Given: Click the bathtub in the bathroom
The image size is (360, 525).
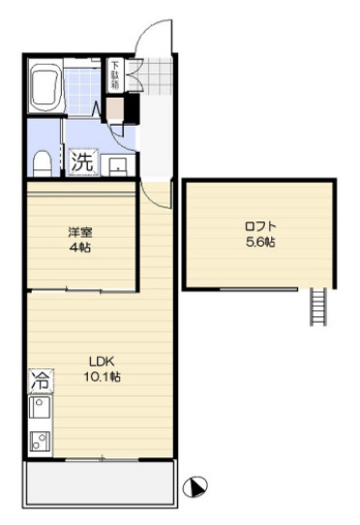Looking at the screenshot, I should [46, 89].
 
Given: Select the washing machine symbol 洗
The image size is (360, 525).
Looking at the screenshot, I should [82, 161].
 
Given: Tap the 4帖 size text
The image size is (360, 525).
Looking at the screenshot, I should [79, 248].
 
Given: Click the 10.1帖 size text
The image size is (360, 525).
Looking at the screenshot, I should [102, 375].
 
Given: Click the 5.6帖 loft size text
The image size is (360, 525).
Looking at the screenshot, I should [260, 243].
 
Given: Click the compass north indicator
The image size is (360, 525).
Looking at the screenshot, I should [198, 488].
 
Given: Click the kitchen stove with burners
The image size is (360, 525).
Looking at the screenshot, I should [39, 442].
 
